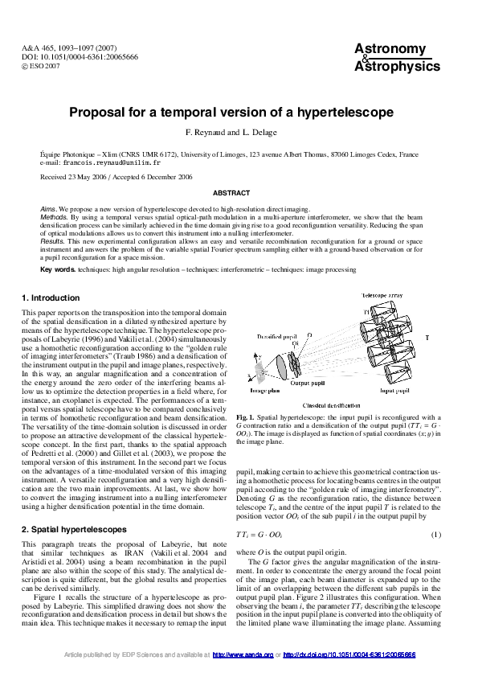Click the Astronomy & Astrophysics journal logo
pyautogui.click(x=397, y=58)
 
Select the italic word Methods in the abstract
pyautogui.click(x=54, y=216)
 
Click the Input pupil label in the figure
pyautogui.click(x=396, y=390)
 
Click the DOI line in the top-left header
pyautogui.click(x=80, y=58)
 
